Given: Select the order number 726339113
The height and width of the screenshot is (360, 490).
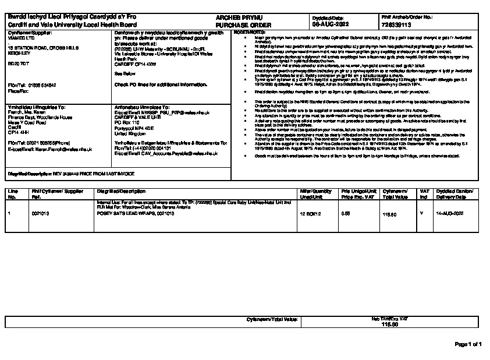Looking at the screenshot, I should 397,26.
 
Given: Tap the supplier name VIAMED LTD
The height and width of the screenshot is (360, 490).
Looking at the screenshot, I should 20,37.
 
